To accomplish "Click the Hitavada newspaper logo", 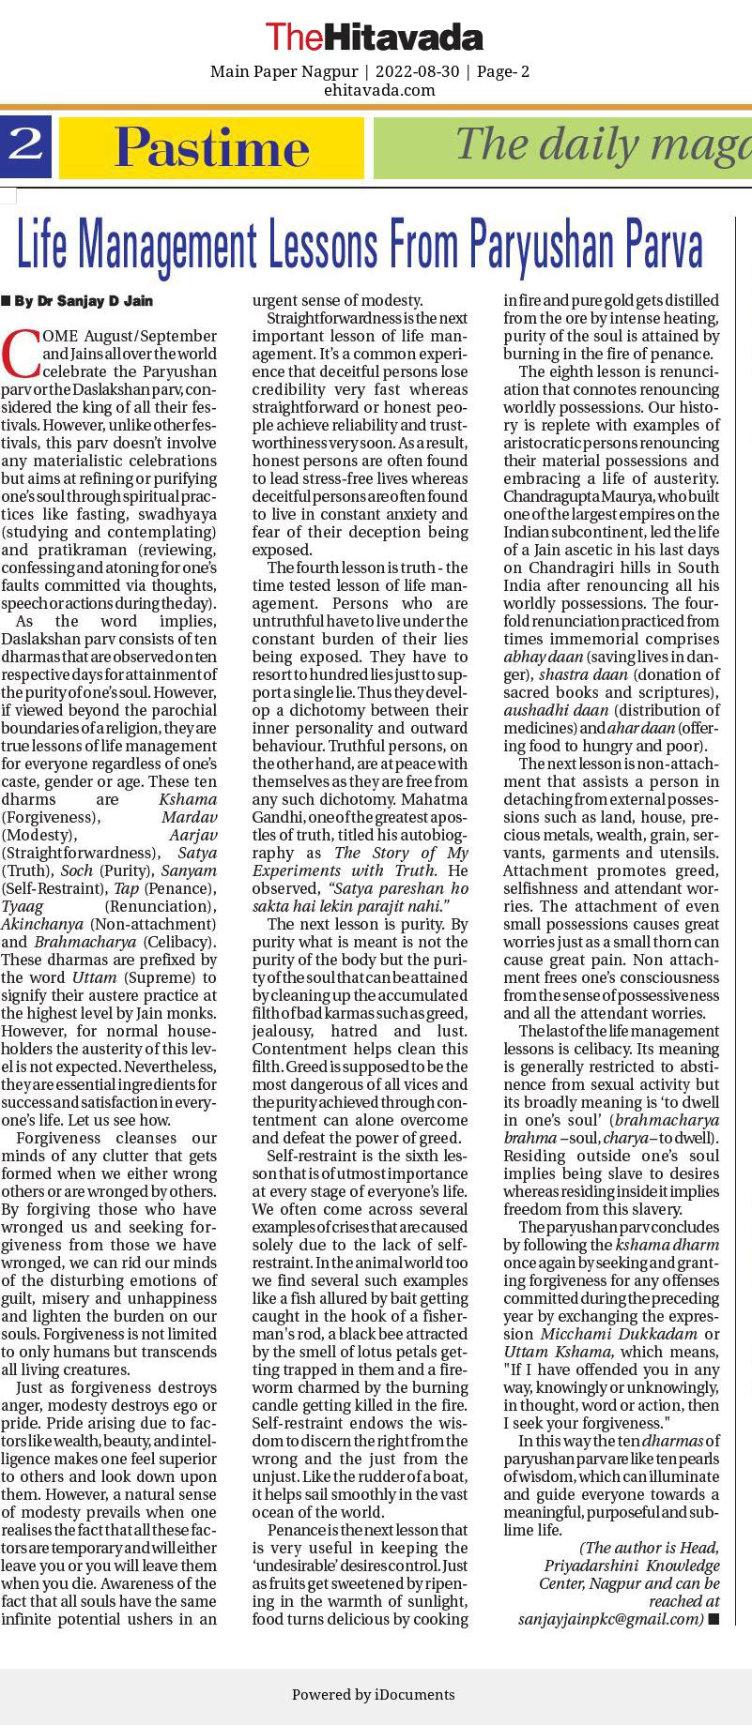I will (x=374, y=38).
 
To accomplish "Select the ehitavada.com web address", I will (x=378, y=90).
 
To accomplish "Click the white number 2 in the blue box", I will (x=25, y=144).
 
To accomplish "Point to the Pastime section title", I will (x=211, y=147).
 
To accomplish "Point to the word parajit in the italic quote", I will (x=386, y=906).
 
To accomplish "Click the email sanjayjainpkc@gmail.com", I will (x=610, y=1619).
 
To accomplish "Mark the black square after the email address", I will (x=714, y=1619).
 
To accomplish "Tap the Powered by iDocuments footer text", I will (x=374, y=1694).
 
